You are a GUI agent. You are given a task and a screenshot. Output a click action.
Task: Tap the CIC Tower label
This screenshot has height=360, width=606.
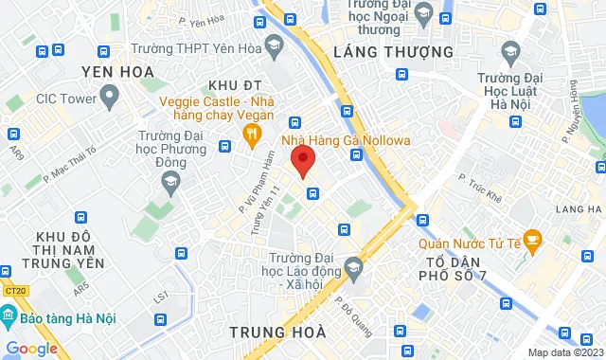pyautogui.click(x=62, y=97)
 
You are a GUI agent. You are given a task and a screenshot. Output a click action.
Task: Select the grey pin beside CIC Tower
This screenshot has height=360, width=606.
pyautogui.click(x=110, y=95)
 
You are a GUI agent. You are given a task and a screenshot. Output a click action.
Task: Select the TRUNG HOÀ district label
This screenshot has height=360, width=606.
pyautogui.click(x=277, y=332)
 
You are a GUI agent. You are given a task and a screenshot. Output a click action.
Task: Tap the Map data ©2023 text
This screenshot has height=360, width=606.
pyautogui.click(x=564, y=352)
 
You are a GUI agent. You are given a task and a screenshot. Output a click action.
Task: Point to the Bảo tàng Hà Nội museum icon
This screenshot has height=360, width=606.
pyautogui.click(x=12, y=319)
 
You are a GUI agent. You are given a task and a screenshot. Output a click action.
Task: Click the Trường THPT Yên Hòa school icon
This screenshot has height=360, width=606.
pyautogui.click(x=273, y=44)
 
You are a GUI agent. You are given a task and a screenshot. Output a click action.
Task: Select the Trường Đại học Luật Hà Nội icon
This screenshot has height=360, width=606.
pyautogui.click(x=511, y=49)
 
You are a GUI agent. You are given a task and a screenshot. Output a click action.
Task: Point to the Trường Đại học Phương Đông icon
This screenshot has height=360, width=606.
pyautogui.click(x=170, y=184)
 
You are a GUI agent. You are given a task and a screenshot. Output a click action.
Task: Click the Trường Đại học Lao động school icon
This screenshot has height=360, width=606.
pyautogui.click(x=352, y=268)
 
